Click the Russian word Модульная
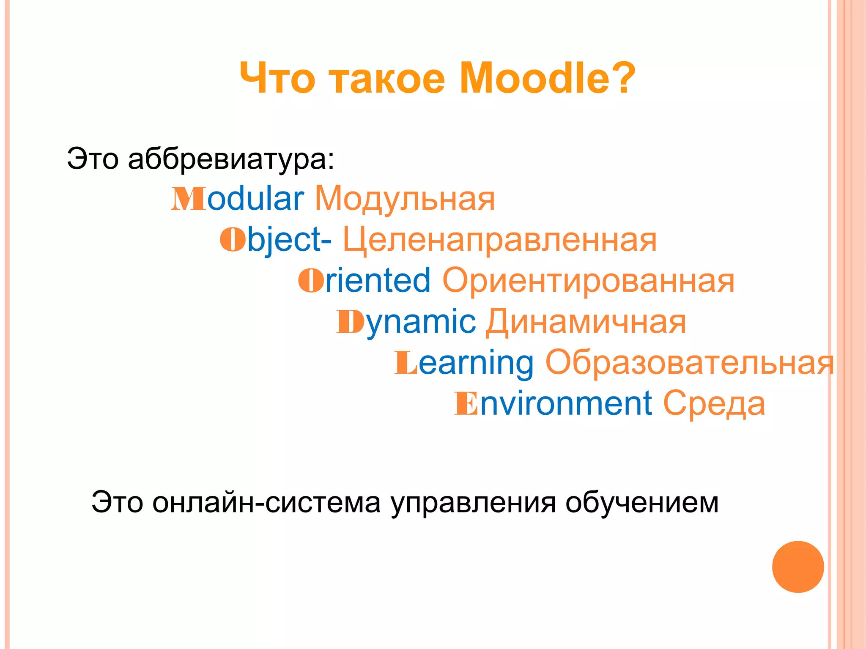click(x=405, y=199)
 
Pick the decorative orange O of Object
click(x=233, y=239)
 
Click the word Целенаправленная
click(x=500, y=240)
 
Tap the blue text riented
click(x=378, y=280)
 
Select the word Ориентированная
click(x=588, y=281)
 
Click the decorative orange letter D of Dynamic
click(x=350, y=322)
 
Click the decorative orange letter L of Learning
click(x=406, y=362)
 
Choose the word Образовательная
click(x=689, y=363)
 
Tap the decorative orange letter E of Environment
click(x=466, y=404)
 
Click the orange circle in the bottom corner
click(x=797, y=567)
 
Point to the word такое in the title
click(x=387, y=79)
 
